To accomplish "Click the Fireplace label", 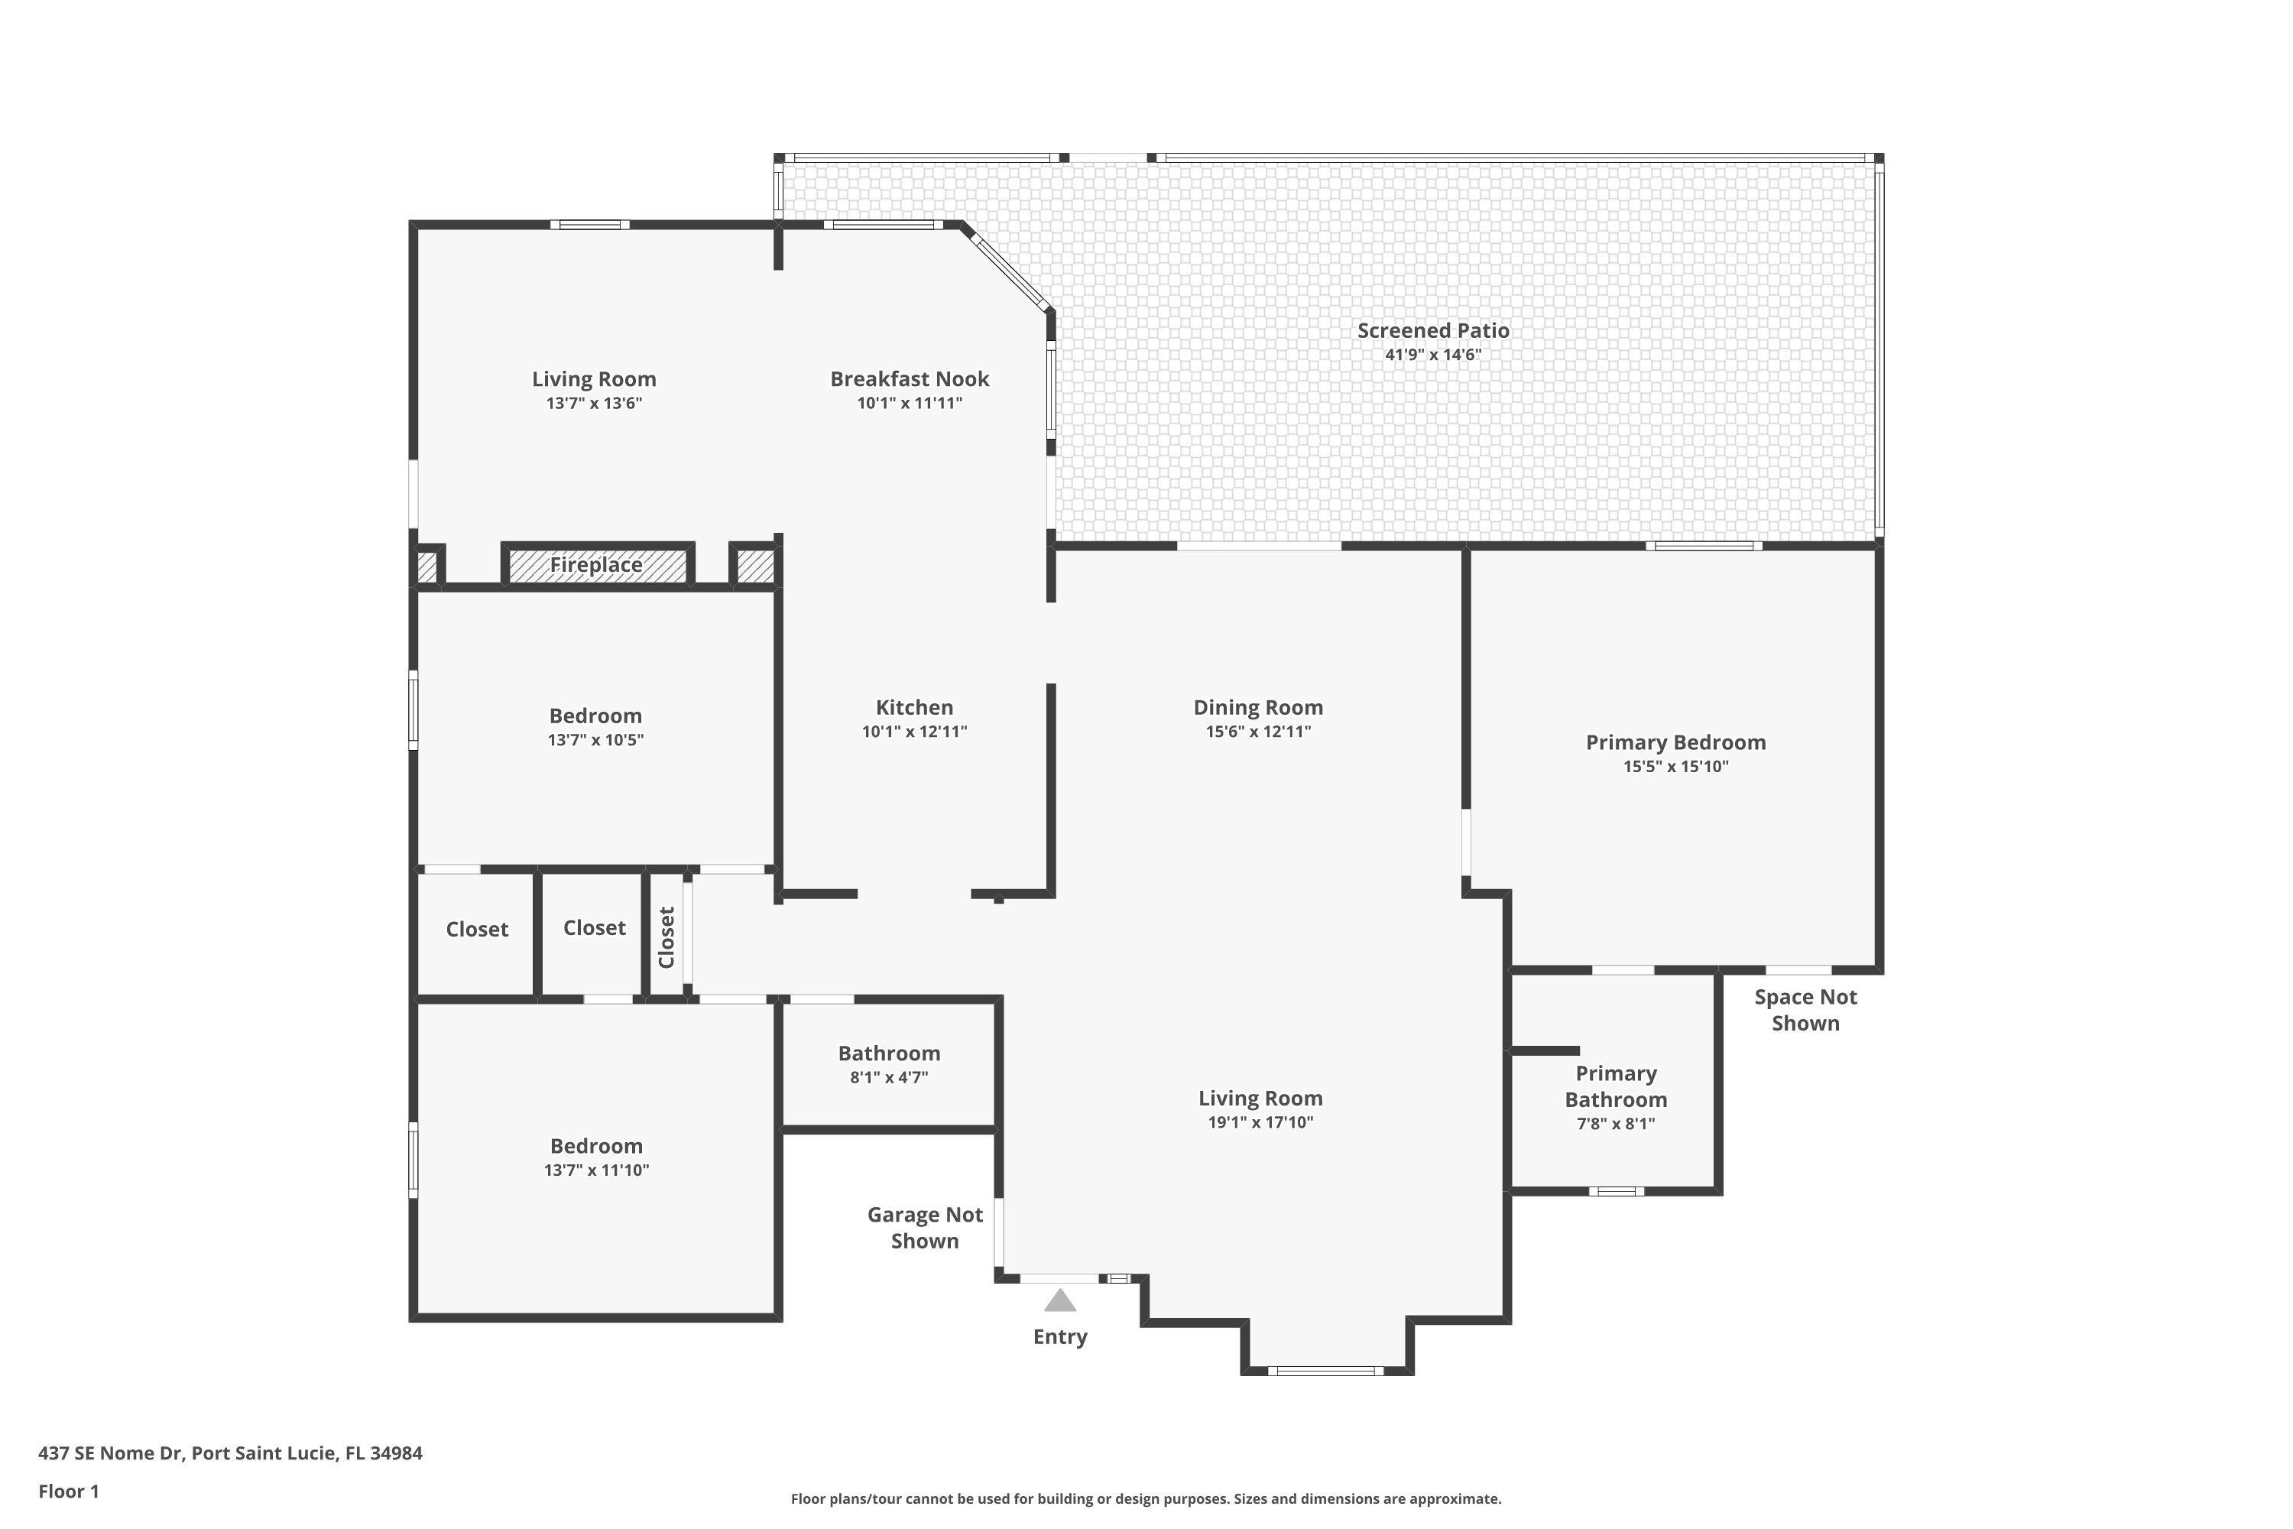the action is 595,565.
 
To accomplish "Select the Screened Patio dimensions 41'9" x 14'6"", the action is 1433,355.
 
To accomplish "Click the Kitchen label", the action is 914,707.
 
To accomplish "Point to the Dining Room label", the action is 1259,707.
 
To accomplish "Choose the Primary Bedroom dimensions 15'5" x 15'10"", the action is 1676,767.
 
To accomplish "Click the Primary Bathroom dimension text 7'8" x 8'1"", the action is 1617,1123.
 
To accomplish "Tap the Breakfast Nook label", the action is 910,378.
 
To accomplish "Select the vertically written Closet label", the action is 666,937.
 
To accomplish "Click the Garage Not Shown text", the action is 925,1228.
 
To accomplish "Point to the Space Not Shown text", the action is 1805,1010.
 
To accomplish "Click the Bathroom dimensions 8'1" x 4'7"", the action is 889,1077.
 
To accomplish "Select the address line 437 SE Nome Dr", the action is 230,1453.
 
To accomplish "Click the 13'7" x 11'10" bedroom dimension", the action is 597,1170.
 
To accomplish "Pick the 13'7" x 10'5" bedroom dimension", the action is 595,740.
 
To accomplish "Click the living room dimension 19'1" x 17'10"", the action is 1260,1122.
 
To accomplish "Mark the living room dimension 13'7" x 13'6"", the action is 594,404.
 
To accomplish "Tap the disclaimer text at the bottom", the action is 1146,1498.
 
